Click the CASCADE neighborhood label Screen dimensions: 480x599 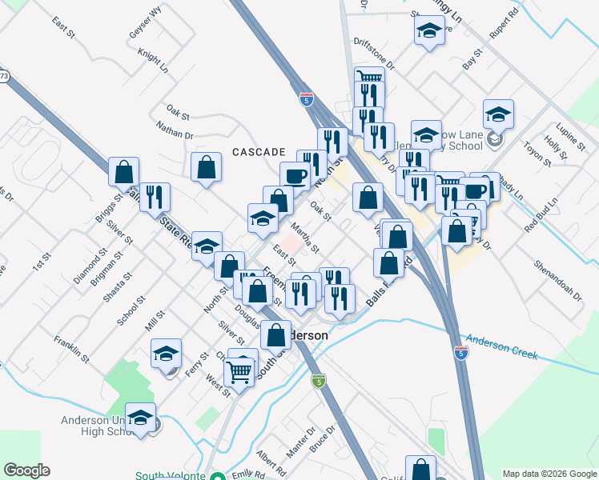pyautogui.click(x=259, y=151)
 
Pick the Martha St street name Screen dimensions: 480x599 pyautogui.click(x=306, y=237)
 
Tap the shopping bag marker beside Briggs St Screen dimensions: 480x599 pyautogui.click(x=124, y=171)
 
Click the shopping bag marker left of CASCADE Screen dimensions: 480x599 pyautogui.click(x=207, y=167)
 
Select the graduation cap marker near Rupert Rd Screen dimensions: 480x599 pyautogui.click(x=430, y=31)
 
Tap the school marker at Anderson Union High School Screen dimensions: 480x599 pyautogui.click(x=141, y=418)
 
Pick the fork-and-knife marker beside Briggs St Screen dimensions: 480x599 pyautogui.click(x=155, y=196)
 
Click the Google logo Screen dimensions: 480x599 pyautogui.click(x=26, y=470)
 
